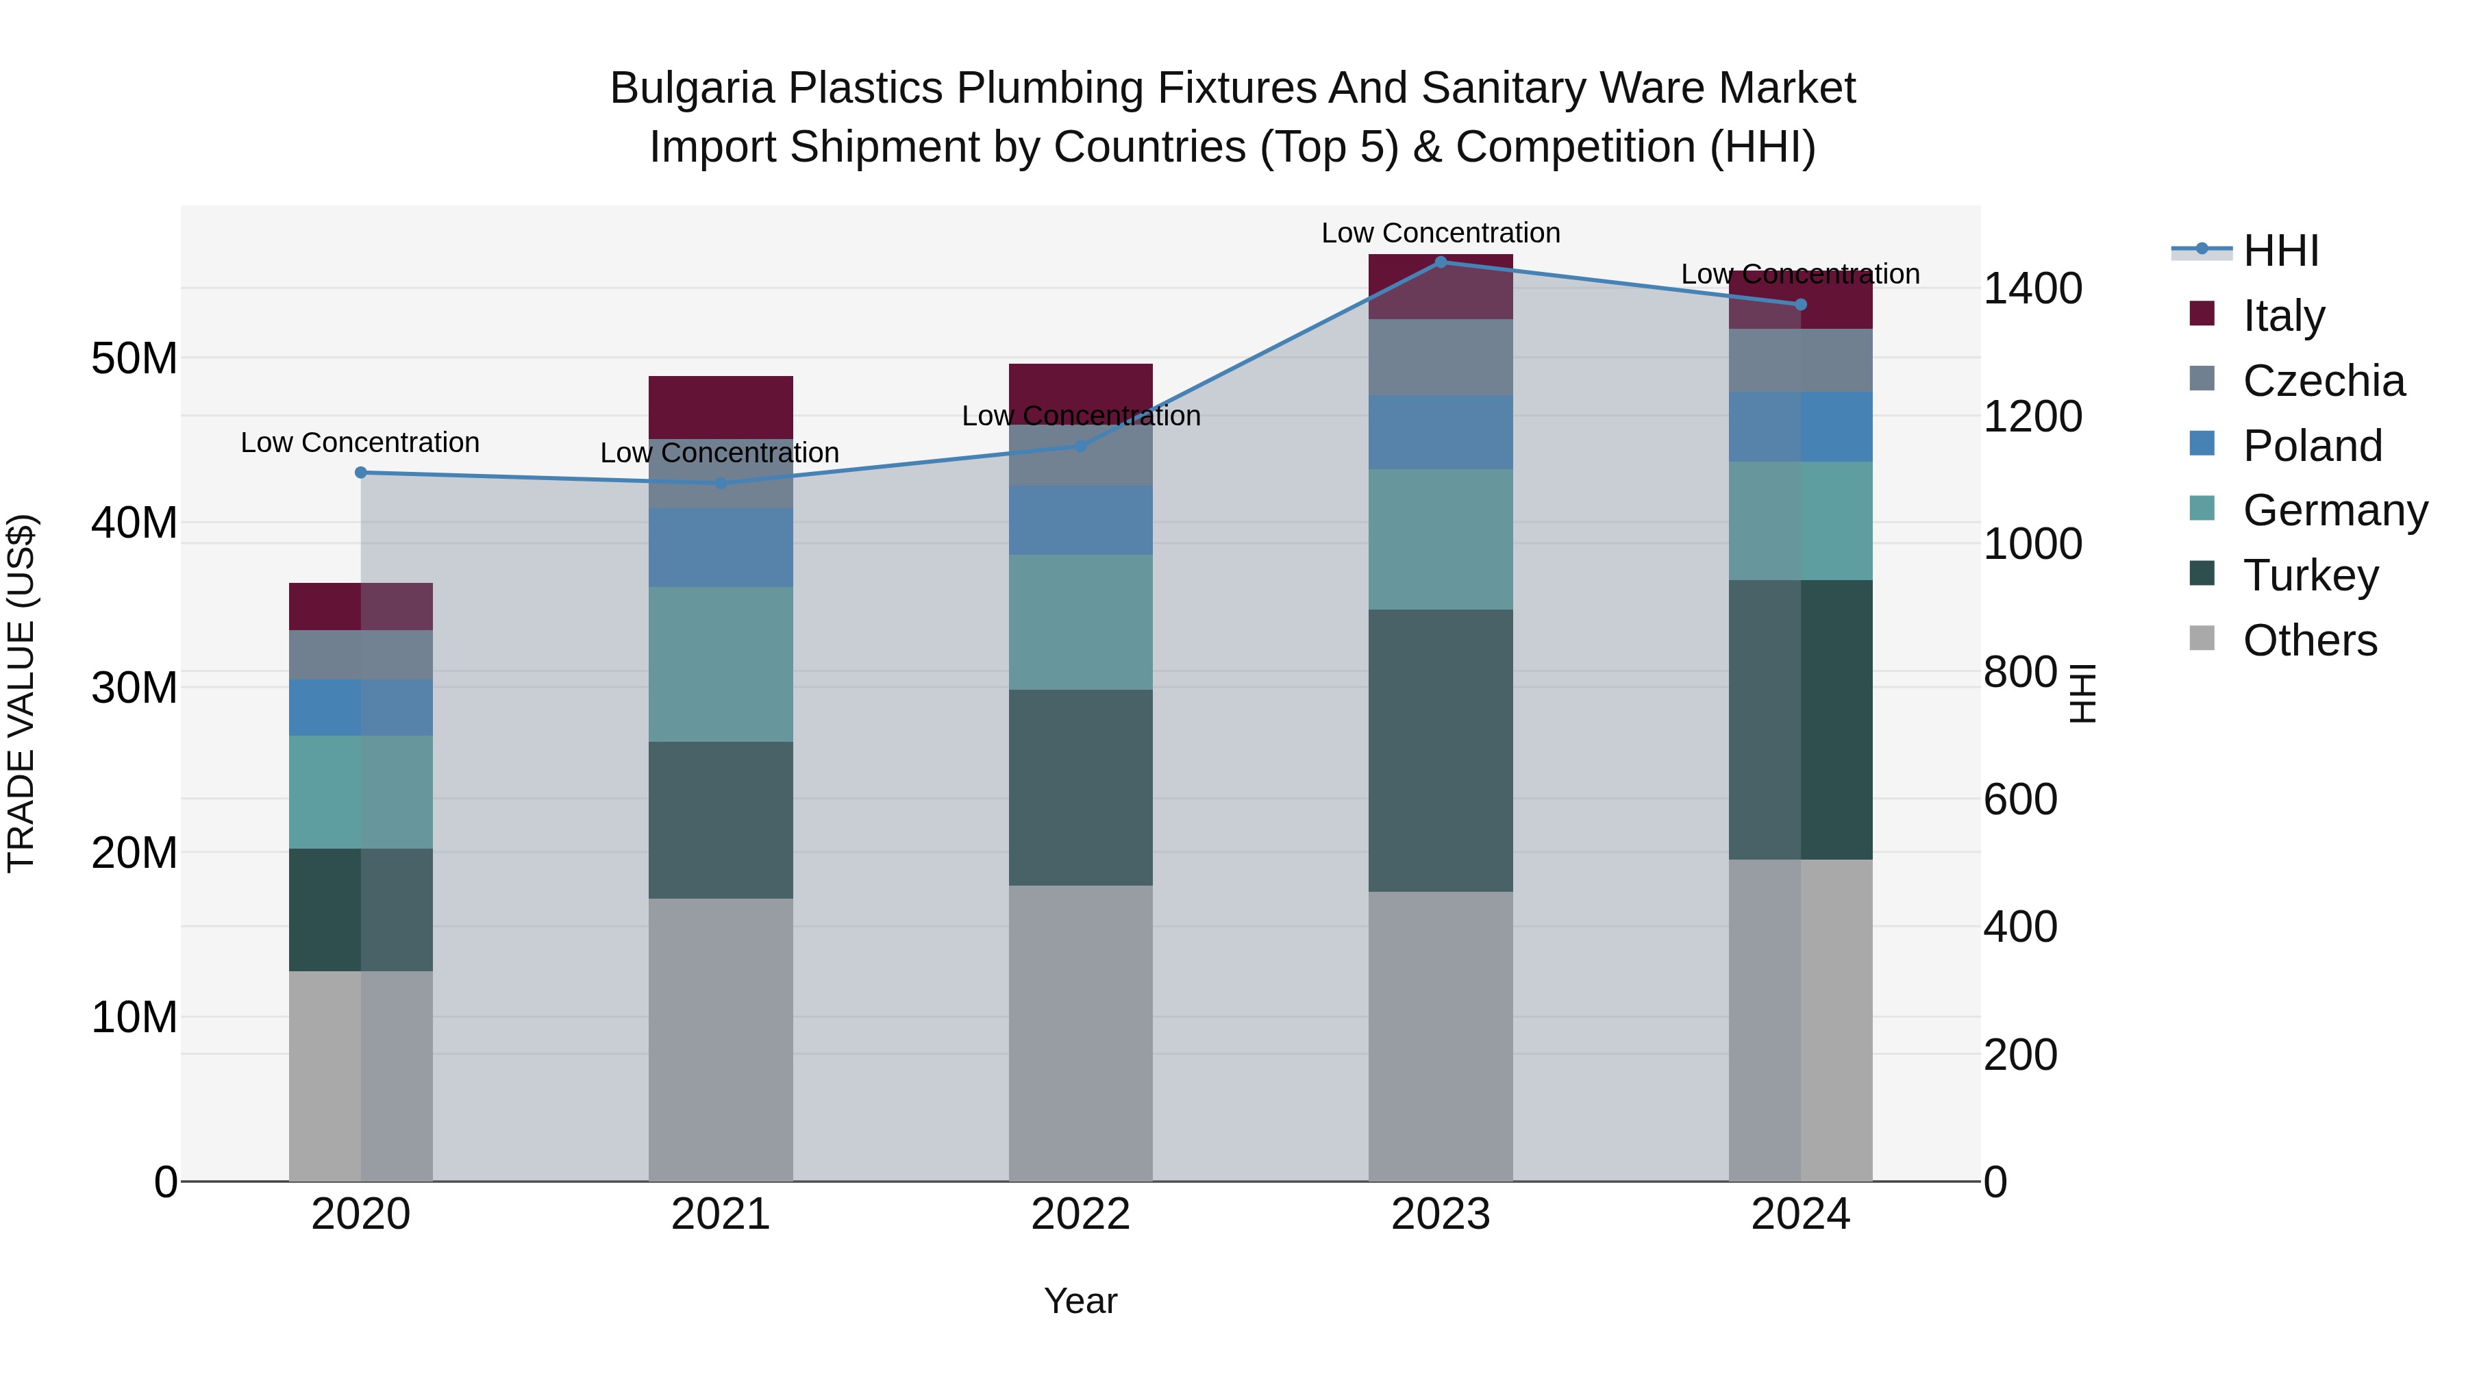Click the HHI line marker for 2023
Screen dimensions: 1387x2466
(1440, 262)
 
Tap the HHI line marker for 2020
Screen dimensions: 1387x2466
(361, 472)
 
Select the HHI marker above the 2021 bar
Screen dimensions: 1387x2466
(721, 482)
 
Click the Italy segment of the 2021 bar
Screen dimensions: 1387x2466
(721, 407)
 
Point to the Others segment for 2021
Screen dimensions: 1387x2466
(721, 1038)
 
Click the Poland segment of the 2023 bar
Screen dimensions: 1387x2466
(1440, 432)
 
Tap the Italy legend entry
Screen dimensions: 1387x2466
(2283, 316)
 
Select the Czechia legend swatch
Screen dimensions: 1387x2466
(2202, 378)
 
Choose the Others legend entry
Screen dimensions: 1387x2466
(2309, 640)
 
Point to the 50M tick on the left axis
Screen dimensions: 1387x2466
(134, 359)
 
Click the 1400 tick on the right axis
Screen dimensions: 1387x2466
(2032, 288)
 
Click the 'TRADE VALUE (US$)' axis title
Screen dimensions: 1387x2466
(21, 693)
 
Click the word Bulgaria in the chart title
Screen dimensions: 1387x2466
(691, 88)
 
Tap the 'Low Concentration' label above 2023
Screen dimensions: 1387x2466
(1440, 233)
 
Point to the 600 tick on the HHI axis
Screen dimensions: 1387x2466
(2020, 799)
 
